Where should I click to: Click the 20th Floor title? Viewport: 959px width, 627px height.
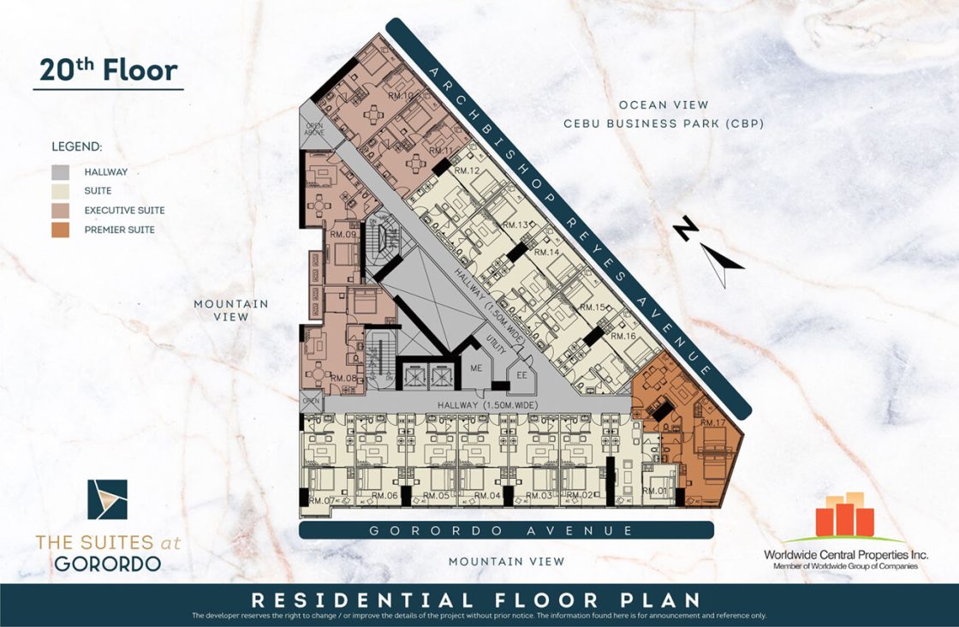[108, 69]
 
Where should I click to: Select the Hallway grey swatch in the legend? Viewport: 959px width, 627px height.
[60, 171]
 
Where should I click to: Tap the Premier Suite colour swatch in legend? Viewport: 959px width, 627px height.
[60, 230]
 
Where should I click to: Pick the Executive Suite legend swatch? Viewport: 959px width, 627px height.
[60, 210]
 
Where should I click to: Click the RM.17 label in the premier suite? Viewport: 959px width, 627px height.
[712, 423]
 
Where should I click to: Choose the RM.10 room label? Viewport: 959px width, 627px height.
[401, 96]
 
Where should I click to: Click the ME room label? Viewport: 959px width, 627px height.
[478, 367]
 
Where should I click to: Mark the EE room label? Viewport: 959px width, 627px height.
[519, 373]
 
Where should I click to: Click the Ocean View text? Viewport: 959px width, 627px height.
[664, 104]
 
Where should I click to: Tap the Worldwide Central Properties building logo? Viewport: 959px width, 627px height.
[844, 516]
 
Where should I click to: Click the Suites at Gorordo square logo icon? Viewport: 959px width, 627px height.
[108, 499]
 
